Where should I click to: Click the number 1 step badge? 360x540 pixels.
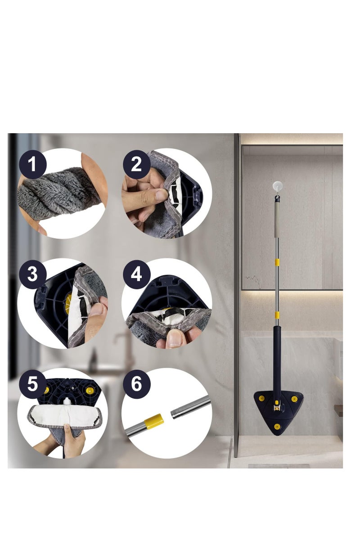(32, 164)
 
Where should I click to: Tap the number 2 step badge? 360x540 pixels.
(136, 164)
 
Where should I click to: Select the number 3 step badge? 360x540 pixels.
(32, 274)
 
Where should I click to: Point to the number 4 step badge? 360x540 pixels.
(136, 274)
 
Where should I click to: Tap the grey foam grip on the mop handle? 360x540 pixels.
(277, 220)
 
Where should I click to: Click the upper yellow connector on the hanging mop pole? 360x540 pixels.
(277, 262)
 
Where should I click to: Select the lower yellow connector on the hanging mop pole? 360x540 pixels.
(277, 315)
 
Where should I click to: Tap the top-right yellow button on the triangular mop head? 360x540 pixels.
(294, 399)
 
